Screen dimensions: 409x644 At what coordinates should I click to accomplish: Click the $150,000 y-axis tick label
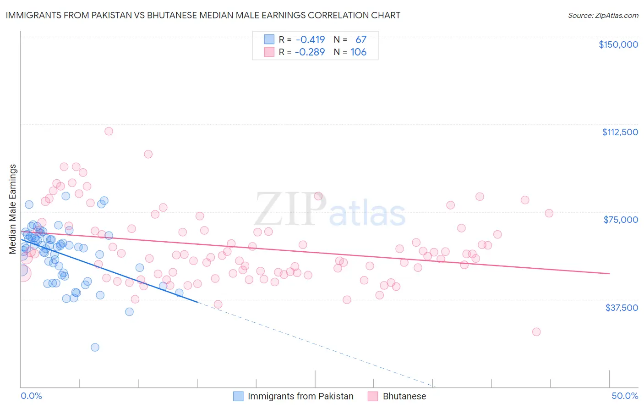(x=618, y=44)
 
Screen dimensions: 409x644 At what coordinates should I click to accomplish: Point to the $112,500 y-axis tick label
(x=620, y=132)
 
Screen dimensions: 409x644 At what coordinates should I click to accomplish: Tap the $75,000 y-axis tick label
(x=621, y=220)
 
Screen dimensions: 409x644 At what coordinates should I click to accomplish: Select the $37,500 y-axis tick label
(x=622, y=308)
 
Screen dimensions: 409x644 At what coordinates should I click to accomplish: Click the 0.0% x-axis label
(x=31, y=396)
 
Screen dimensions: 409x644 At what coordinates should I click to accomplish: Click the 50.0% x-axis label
(x=625, y=396)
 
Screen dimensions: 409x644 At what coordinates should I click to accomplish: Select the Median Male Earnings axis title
(x=13, y=209)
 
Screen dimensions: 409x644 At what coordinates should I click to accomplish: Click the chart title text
(x=203, y=16)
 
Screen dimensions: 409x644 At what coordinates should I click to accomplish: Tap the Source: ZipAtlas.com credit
(x=603, y=16)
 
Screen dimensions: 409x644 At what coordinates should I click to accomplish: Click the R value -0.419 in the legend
(x=310, y=39)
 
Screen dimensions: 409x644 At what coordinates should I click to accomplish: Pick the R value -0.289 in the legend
(x=310, y=52)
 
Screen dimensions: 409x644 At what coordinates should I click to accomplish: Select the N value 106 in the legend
(x=358, y=52)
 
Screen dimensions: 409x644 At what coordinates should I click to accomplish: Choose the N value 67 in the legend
(x=360, y=39)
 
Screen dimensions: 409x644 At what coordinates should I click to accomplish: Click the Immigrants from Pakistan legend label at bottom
(x=300, y=396)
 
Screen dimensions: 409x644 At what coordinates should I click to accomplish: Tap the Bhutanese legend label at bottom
(x=404, y=396)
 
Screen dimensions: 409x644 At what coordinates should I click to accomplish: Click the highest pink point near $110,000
(x=109, y=131)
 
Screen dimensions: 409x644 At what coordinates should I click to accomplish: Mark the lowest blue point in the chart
(x=95, y=347)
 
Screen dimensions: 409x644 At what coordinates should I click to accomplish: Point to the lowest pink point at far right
(x=536, y=332)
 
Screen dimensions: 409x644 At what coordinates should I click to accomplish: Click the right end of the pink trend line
(x=609, y=273)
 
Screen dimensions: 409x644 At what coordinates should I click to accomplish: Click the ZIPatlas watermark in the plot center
(x=330, y=210)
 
